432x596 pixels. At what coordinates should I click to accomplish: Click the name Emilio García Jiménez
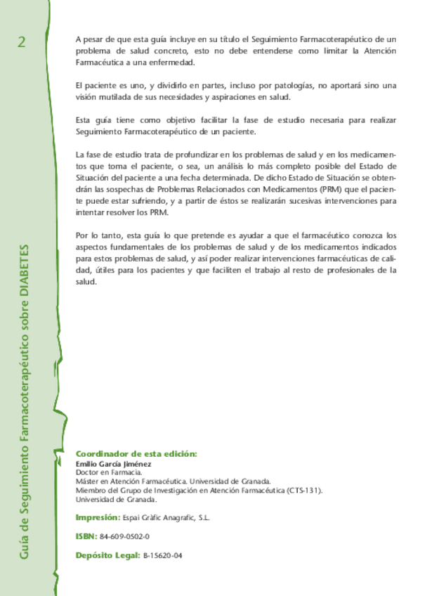point(114,464)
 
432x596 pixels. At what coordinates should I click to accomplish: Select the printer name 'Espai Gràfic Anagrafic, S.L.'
point(166,517)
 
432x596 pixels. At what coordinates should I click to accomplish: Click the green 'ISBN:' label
point(86,536)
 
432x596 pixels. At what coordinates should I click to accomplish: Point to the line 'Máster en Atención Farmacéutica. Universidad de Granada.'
point(173,481)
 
